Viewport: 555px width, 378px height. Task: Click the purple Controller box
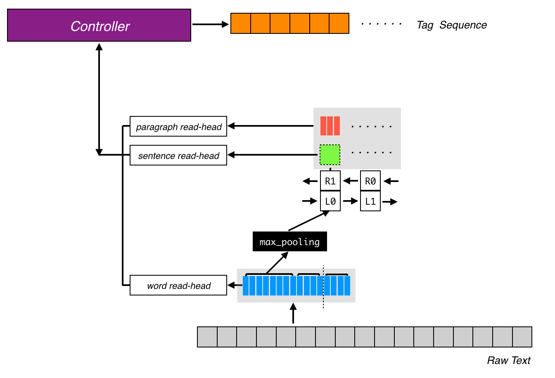(x=99, y=26)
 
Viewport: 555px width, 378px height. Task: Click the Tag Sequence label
(x=451, y=25)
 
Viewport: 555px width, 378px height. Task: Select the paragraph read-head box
(x=178, y=127)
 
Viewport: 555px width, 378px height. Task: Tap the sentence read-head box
(x=178, y=156)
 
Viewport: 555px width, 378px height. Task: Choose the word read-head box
(x=178, y=286)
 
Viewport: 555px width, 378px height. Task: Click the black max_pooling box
(x=289, y=242)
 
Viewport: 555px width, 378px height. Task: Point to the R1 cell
(x=330, y=181)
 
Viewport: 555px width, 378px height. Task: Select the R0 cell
(x=370, y=181)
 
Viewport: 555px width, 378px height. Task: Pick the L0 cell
(x=330, y=201)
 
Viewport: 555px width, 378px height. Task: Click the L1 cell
(x=370, y=201)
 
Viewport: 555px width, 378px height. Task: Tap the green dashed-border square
(x=330, y=155)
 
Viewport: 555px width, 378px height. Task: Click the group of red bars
(x=330, y=126)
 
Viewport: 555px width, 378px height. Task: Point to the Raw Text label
(x=508, y=361)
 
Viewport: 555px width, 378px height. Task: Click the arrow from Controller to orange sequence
(x=210, y=24)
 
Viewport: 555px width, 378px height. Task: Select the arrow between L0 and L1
(x=351, y=201)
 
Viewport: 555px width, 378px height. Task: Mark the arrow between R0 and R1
(x=351, y=181)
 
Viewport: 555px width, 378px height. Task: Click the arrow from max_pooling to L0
(x=309, y=221)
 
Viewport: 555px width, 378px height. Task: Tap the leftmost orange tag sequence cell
(x=241, y=24)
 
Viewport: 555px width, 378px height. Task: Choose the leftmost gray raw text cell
(x=207, y=337)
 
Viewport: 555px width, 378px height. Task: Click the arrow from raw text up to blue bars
(x=293, y=314)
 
